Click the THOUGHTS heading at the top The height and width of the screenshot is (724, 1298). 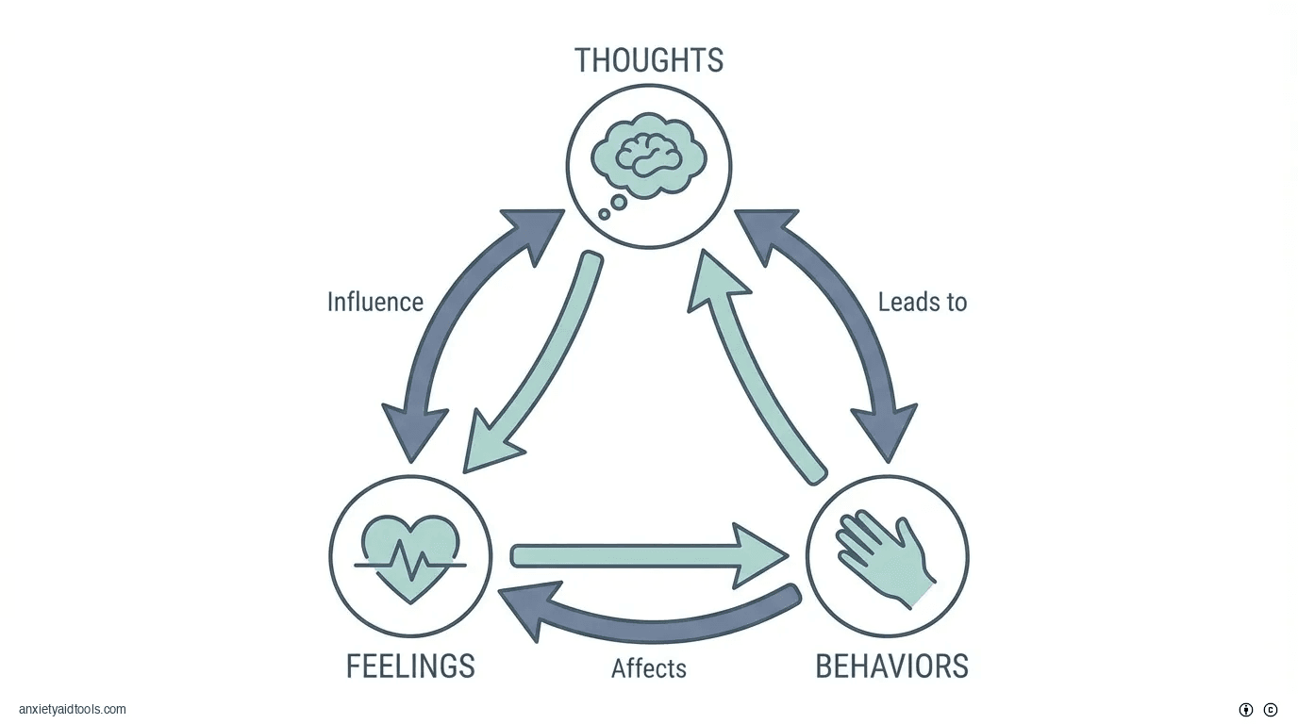pos(649,60)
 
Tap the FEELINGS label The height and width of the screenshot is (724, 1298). pos(410,666)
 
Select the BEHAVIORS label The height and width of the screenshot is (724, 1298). pos(891,666)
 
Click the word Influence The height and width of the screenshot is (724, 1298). pos(374,302)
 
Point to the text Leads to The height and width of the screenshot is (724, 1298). pos(922,302)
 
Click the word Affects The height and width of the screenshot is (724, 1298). pos(648,668)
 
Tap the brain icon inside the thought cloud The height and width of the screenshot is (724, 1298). pos(649,156)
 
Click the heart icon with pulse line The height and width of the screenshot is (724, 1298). pos(410,556)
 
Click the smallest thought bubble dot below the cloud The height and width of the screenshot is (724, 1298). pos(605,215)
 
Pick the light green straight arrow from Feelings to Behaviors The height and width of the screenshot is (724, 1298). pos(641,556)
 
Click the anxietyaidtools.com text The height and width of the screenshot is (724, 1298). pos(72,709)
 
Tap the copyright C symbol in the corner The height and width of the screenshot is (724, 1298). pos(1271,710)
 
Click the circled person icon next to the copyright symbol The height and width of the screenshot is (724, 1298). pos(1246,710)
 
